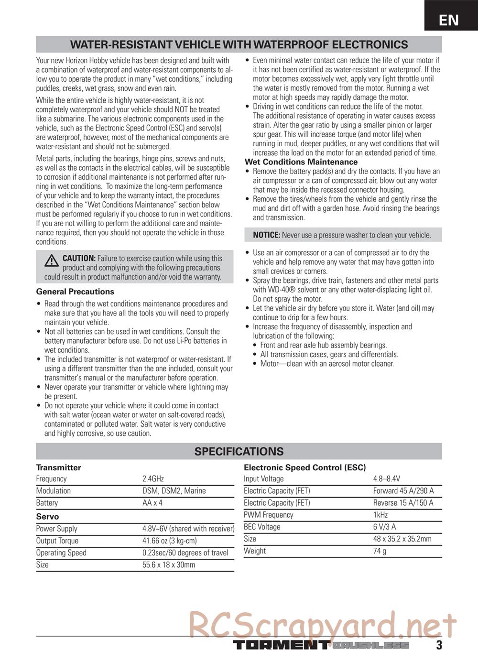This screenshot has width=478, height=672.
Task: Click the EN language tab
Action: tap(449, 20)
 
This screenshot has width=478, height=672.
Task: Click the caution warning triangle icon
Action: tap(52, 260)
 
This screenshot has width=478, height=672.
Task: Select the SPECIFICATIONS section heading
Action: tap(239, 452)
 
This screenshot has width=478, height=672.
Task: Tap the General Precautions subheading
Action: tap(75, 292)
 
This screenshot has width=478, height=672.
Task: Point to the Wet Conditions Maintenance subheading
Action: tap(301, 162)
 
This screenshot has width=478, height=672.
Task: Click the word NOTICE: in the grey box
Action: tap(266, 235)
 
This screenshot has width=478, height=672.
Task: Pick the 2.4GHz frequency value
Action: tap(153, 479)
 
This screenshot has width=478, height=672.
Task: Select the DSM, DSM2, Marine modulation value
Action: tap(174, 491)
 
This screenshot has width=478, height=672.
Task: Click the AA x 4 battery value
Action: tap(152, 503)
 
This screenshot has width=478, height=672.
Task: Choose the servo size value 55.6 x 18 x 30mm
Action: tap(169, 564)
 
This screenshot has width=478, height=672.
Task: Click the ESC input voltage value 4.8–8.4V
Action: tap(386, 479)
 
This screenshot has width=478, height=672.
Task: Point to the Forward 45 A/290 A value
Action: tap(403, 491)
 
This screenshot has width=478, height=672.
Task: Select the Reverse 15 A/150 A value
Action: tap(403, 503)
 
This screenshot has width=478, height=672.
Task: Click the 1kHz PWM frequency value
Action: tap(380, 515)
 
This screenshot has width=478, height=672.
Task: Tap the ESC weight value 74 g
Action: tap(380, 551)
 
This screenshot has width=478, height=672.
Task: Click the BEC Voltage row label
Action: tap(262, 527)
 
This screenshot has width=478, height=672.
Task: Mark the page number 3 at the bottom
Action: tap(439, 645)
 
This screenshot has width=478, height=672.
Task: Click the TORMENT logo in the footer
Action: tap(281, 645)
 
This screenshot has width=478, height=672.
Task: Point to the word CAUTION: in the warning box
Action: tap(79, 259)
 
